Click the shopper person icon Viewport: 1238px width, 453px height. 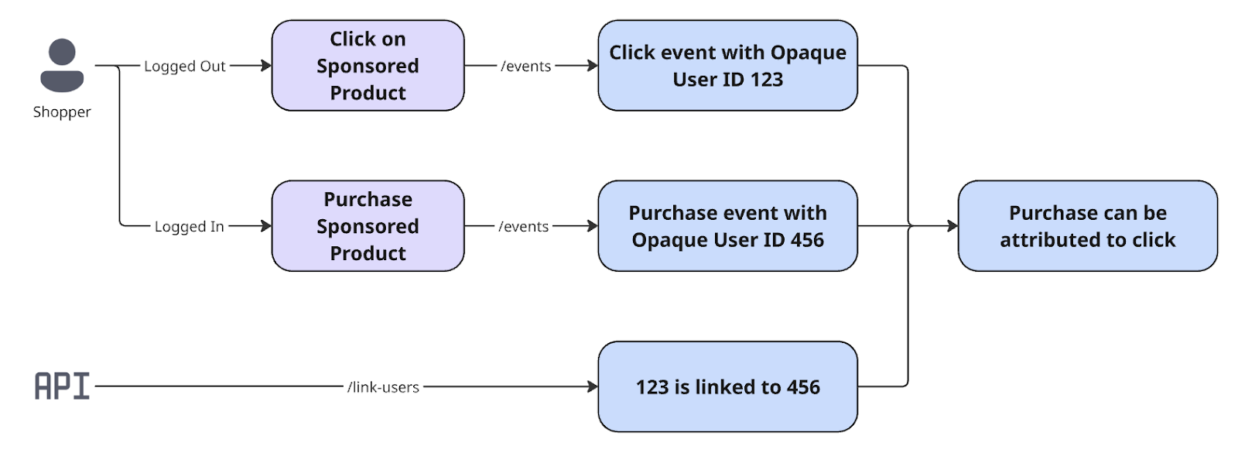(x=62, y=65)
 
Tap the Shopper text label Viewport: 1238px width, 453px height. (x=62, y=112)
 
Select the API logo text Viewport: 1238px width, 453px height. (x=62, y=386)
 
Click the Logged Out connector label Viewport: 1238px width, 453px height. (x=184, y=67)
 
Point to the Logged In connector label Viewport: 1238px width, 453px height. (x=189, y=227)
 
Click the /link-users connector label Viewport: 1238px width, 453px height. (x=383, y=387)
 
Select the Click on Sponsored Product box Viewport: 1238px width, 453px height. (x=368, y=66)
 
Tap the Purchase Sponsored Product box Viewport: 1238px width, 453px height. (x=368, y=226)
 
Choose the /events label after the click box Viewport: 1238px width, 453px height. (x=526, y=67)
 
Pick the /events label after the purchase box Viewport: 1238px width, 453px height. (x=524, y=227)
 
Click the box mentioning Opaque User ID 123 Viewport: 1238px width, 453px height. (x=727, y=66)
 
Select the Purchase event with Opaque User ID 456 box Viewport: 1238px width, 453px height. (x=727, y=226)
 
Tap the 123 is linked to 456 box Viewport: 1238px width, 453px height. (x=727, y=386)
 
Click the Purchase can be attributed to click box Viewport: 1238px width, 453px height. (x=1087, y=226)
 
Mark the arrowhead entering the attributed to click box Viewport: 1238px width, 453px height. (x=952, y=226)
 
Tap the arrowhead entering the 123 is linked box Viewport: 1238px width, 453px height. (x=593, y=386)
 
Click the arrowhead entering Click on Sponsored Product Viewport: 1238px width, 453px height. (x=266, y=66)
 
